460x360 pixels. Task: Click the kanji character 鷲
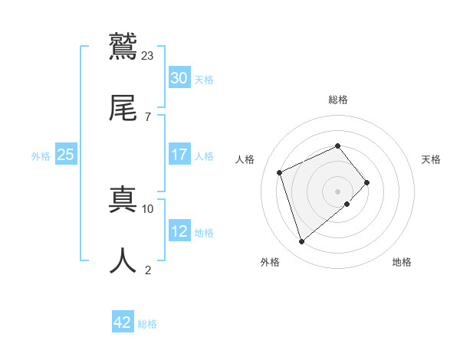click(x=123, y=45)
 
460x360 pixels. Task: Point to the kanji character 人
click(x=123, y=260)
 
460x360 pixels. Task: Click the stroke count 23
click(x=148, y=55)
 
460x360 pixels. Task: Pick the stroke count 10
click(x=148, y=208)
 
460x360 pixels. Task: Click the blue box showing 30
click(x=179, y=78)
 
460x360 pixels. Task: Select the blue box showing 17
click(x=179, y=155)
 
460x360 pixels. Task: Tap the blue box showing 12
click(x=179, y=231)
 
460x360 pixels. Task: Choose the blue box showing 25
click(x=65, y=155)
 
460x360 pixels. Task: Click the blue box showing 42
click(x=122, y=322)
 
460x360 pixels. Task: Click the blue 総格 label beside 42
click(x=147, y=324)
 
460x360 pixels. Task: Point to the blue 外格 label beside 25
click(x=41, y=155)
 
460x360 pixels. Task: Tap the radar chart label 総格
click(x=337, y=100)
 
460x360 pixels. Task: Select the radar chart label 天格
click(x=432, y=159)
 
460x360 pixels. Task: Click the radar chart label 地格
click(x=402, y=262)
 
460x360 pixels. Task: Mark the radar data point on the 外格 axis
click(x=301, y=242)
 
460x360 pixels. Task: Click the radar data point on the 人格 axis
click(x=280, y=172)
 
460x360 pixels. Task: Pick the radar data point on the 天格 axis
click(x=367, y=182)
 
